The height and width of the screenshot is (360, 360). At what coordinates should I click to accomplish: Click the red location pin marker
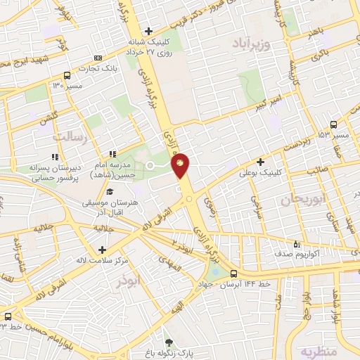coord(181,166)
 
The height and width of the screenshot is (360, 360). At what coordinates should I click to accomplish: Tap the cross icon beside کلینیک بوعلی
coord(262,161)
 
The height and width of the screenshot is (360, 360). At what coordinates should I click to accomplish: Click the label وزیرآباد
coord(249,43)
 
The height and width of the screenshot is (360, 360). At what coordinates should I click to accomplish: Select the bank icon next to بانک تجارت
coord(98,58)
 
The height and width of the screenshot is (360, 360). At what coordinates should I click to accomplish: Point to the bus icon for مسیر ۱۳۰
coord(67,75)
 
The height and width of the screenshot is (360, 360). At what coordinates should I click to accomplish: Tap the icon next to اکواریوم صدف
coord(295,245)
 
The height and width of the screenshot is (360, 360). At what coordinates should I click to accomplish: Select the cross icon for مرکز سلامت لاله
coord(103,250)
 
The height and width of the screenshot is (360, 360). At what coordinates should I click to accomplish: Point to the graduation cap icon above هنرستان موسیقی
coord(109,191)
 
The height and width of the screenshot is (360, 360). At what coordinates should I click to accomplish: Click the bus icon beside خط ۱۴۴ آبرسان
coord(233,274)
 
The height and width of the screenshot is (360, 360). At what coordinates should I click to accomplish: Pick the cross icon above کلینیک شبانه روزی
coord(148,31)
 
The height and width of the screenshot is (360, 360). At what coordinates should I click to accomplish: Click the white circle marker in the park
coord(150,165)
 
